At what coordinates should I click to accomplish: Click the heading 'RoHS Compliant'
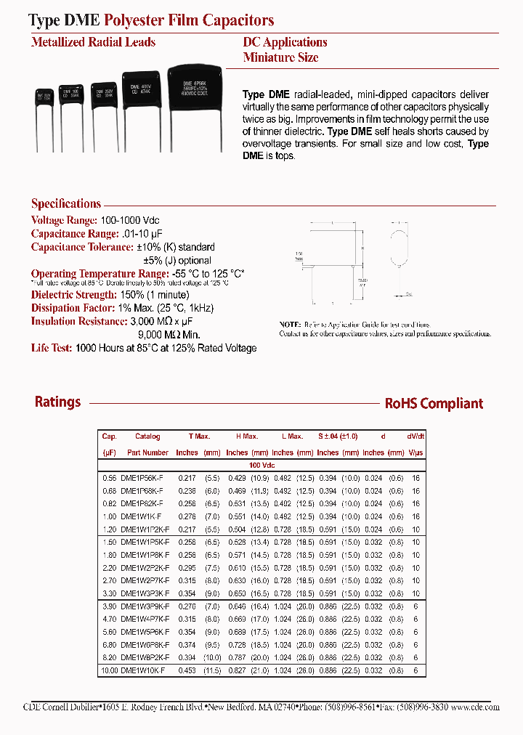coord(434,404)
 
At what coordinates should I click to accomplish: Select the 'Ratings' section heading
coord(58,402)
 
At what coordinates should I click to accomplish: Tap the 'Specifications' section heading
coord(66,204)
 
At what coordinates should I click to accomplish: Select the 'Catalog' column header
coord(147,436)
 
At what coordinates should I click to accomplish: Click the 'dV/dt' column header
coord(415,436)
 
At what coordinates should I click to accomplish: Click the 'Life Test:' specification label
coord(51,348)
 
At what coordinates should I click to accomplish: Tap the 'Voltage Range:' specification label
coord(63,220)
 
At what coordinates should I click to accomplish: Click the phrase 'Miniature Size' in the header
coord(280,57)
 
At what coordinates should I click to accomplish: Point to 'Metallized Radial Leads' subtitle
coord(93,42)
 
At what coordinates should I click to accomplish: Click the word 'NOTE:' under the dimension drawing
coord(290,325)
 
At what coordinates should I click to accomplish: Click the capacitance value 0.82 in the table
coord(109,503)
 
